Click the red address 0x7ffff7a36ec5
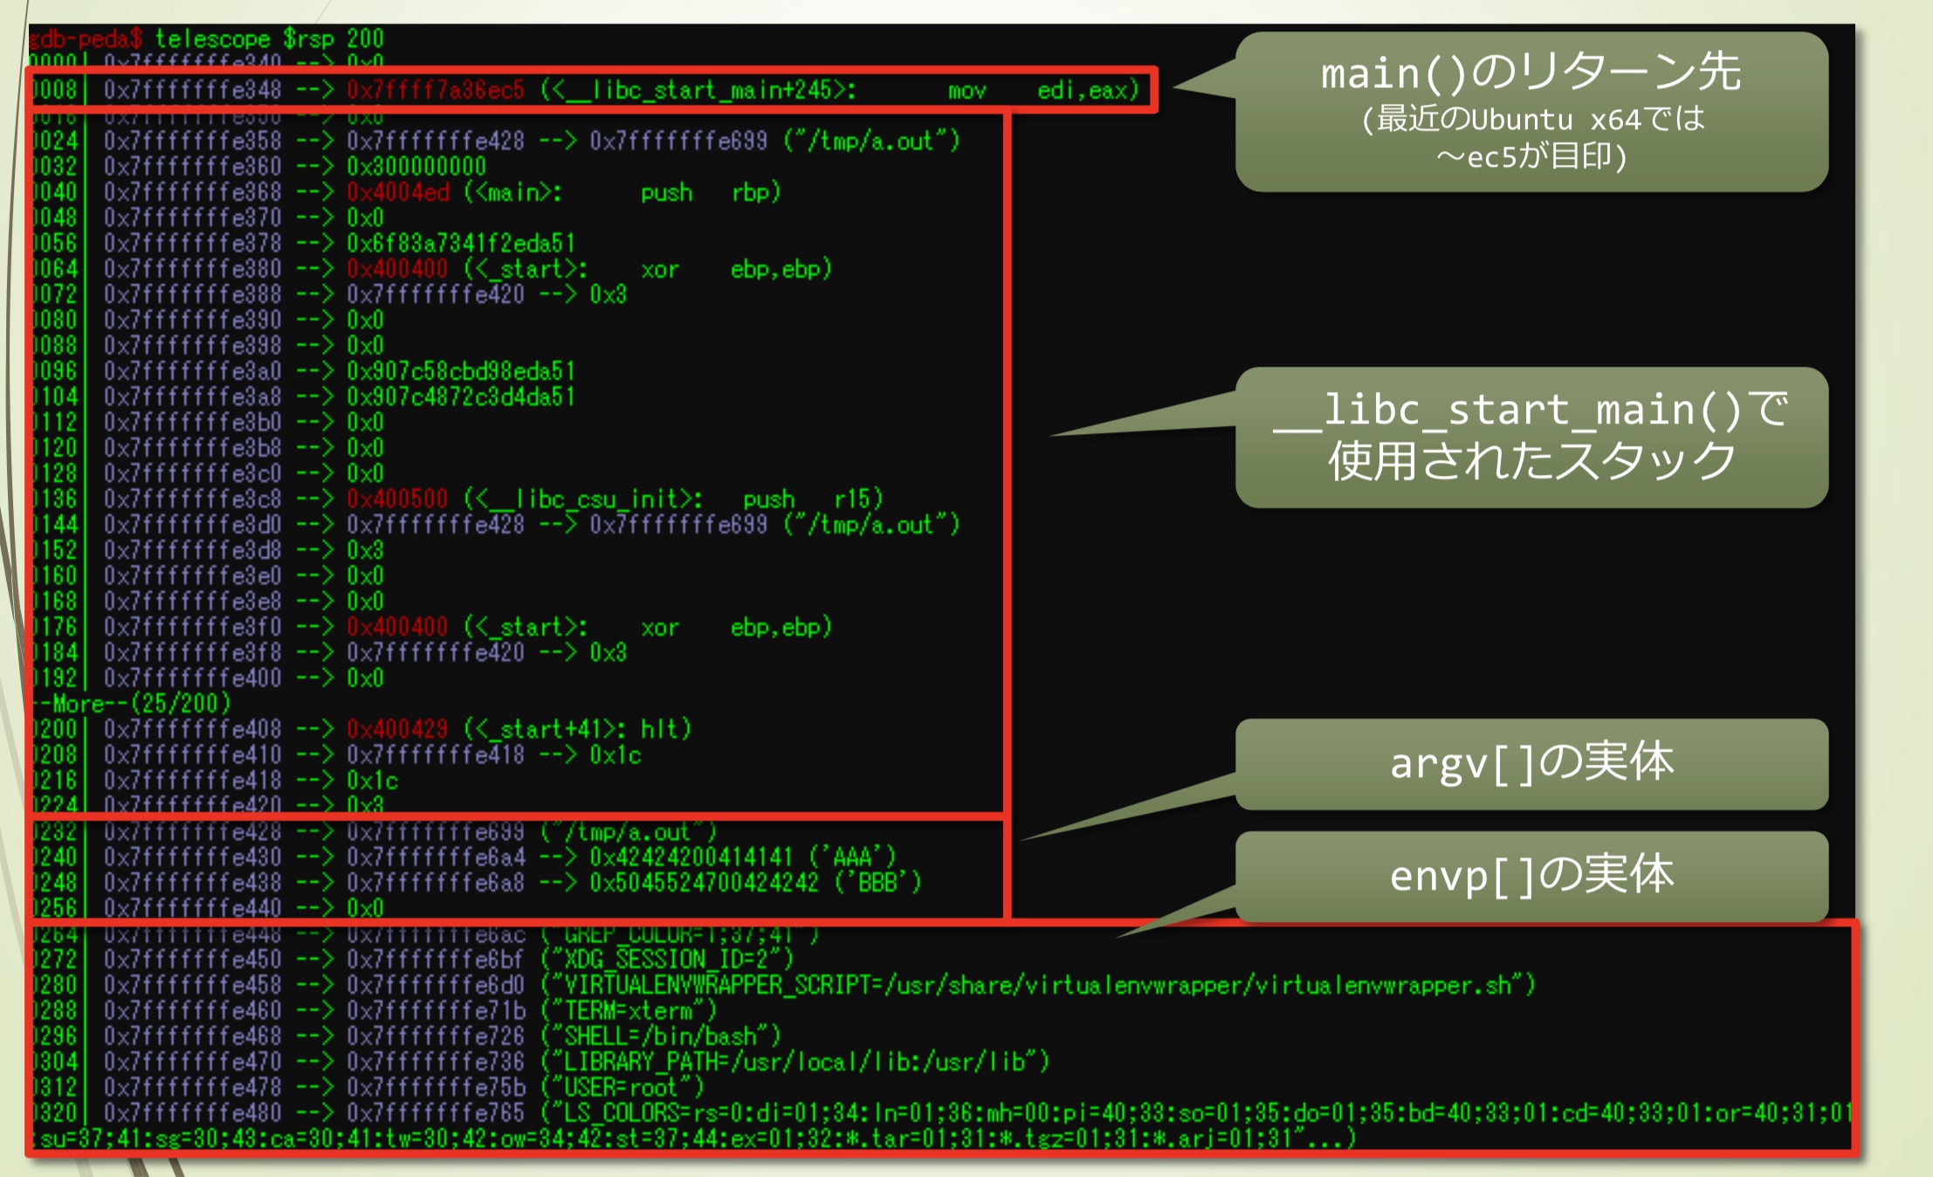435,90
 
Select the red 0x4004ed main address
397,192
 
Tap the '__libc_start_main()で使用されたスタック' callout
1531,437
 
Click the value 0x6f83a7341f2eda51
461,243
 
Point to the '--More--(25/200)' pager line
131,703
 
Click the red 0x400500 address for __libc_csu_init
397,499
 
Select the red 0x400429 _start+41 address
397,729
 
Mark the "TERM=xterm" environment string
629,1011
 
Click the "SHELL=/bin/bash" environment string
660,1036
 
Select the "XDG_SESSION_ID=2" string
667,960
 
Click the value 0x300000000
416,167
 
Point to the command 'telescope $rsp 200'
269,38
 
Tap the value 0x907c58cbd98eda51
461,371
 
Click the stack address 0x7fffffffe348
192,90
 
